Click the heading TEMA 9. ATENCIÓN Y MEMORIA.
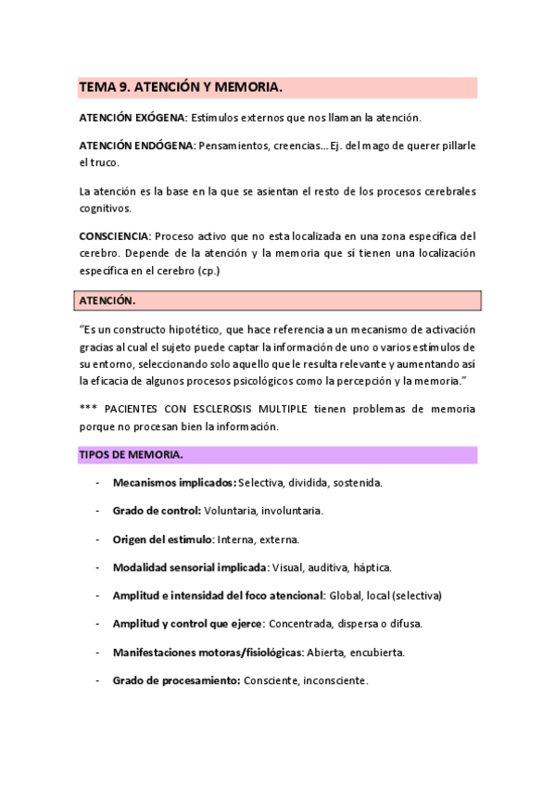[180, 87]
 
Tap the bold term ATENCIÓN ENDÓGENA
[136, 146]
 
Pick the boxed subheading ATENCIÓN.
[107, 301]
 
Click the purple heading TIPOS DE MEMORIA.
[131, 454]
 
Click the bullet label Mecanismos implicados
[174, 483]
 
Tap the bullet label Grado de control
[157, 511]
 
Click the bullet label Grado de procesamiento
[176, 680]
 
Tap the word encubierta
[373, 652]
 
